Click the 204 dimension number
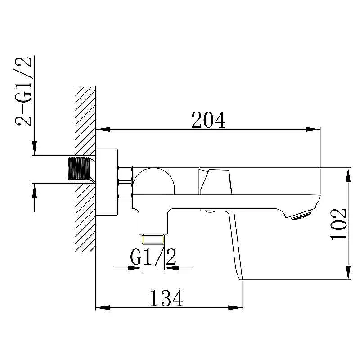(208, 120)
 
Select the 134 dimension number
(166, 298)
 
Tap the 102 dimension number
(339, 224)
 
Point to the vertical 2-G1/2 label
(23, 91)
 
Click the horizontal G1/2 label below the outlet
(153, 257)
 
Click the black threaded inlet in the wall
(79, 168)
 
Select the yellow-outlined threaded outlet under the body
(153, 239)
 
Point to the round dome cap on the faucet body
(153, 181)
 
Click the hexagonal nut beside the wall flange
(126, 182)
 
